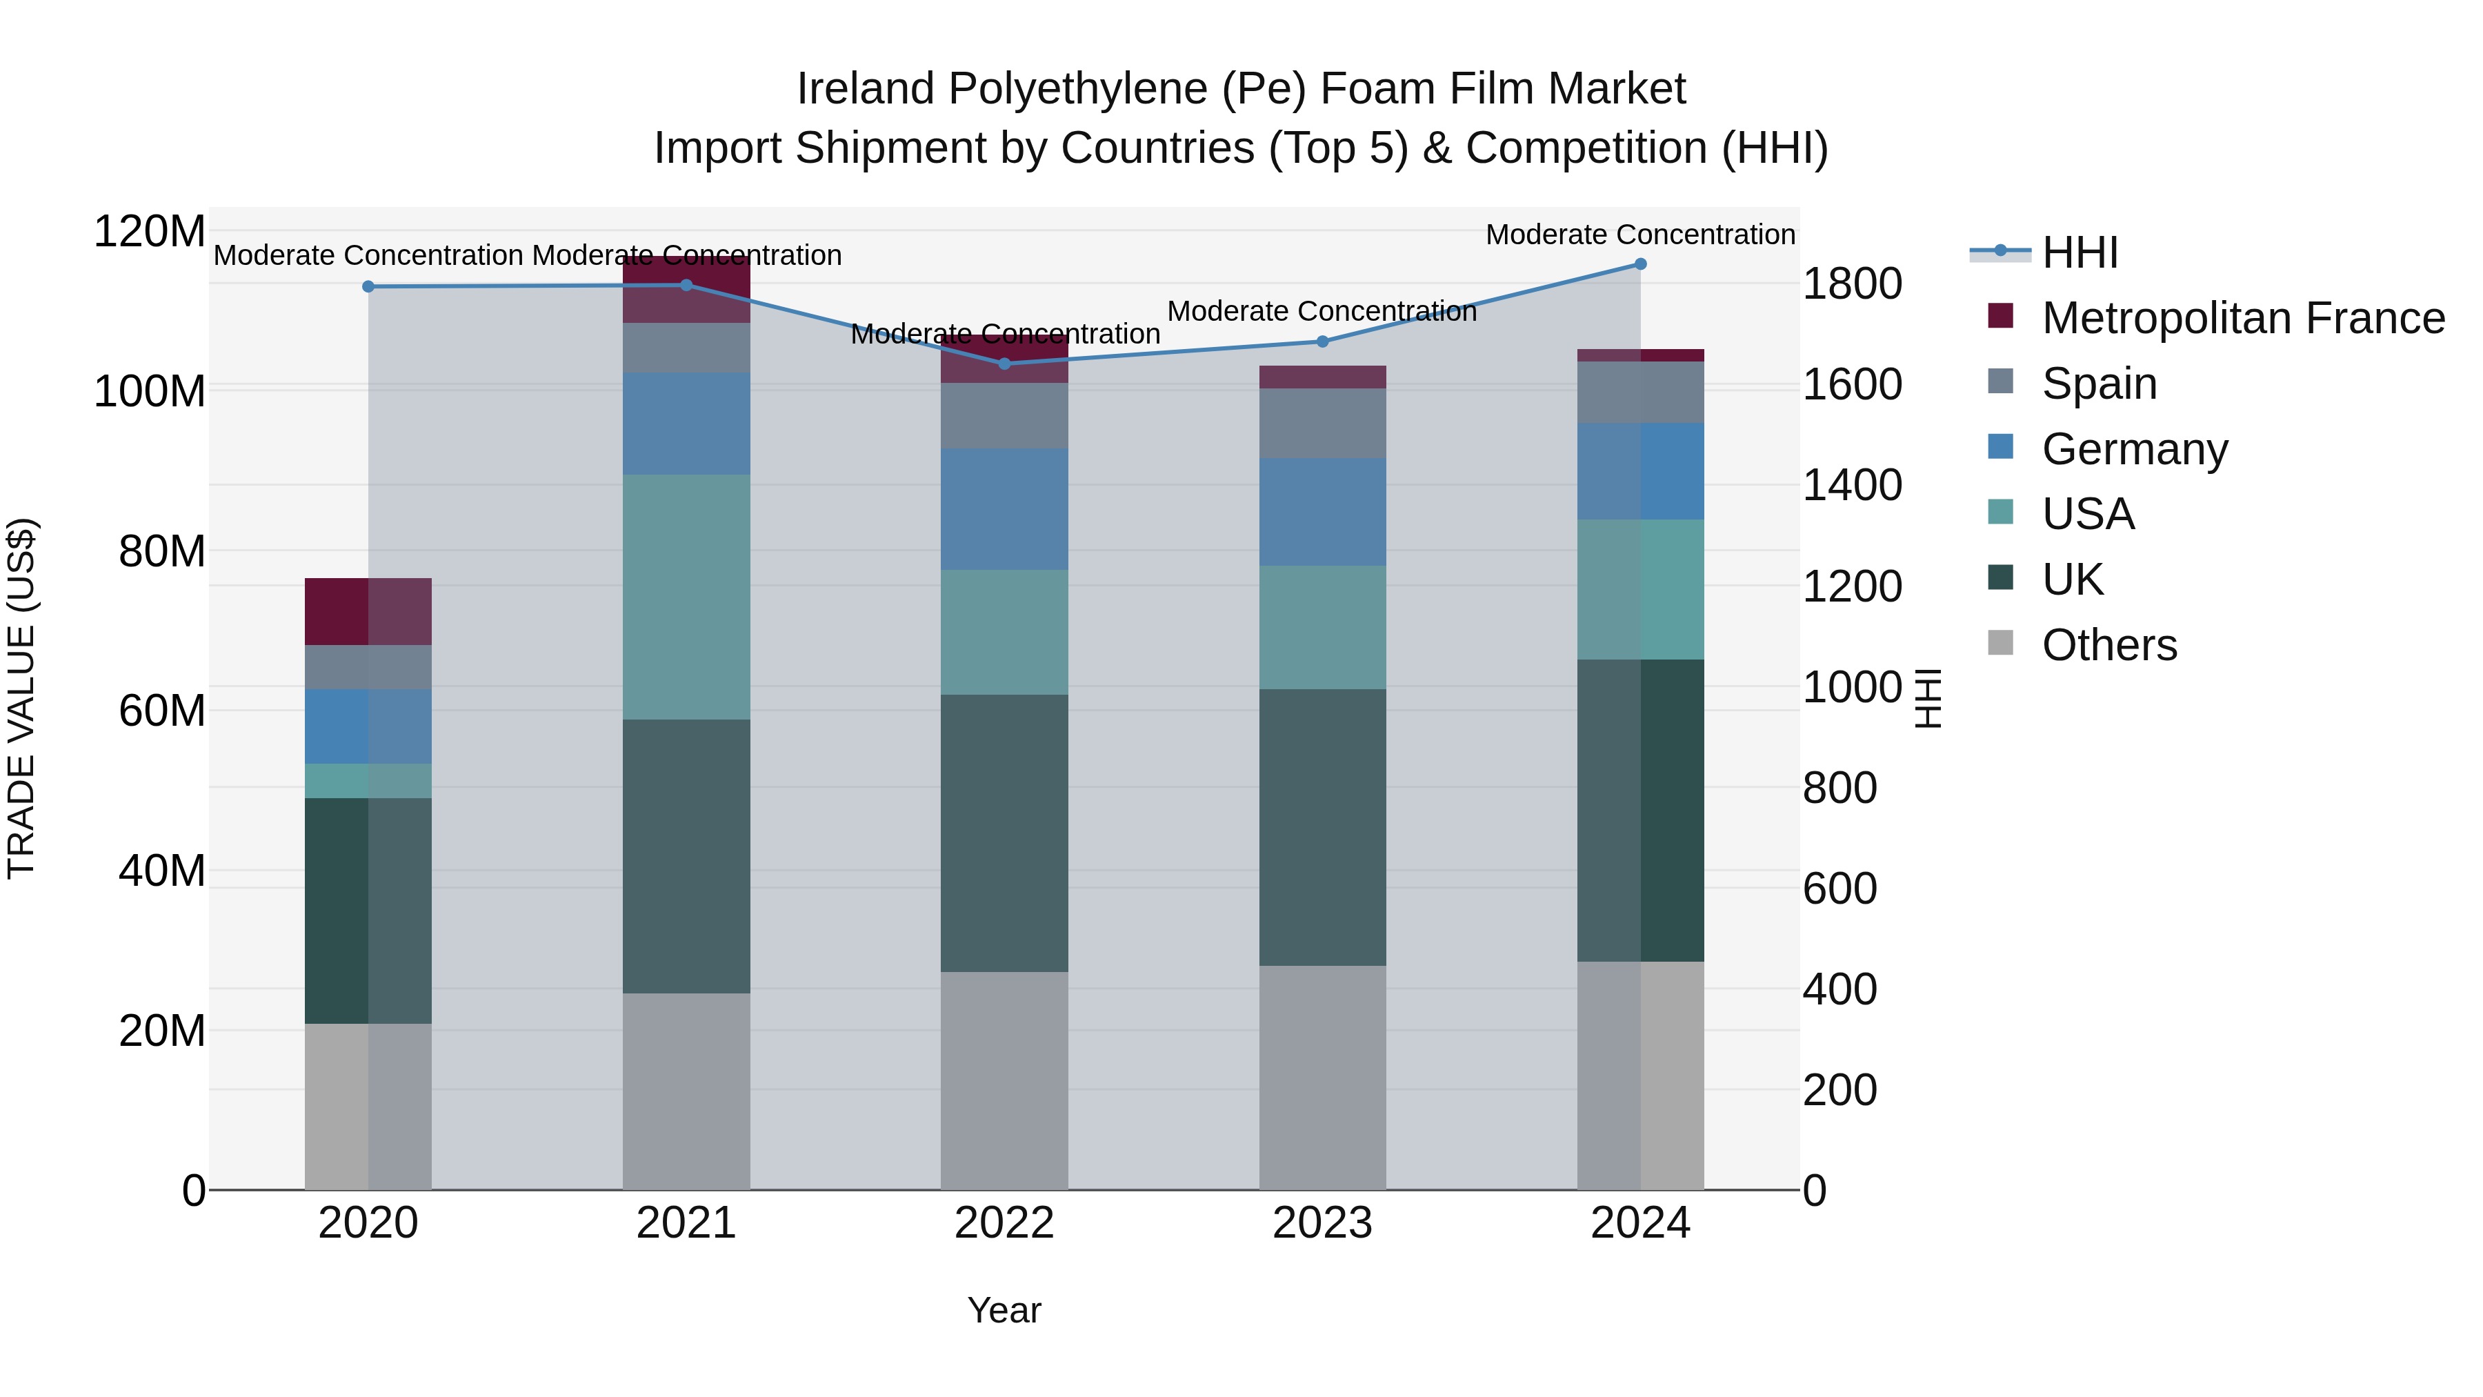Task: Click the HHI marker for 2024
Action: tap(1641, 264)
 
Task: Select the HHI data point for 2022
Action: tap(1004, 364)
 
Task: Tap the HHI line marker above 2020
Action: tap(368, 286)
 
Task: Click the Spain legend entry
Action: tap(2100, 384)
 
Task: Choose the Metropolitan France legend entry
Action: tap(2243, 318)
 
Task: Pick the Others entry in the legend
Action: tap(2109, 645)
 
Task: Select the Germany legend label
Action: tap(2135, 449)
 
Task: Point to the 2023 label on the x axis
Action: tap(1322, 1223)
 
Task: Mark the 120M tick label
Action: tap(150, 232)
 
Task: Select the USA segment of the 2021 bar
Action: tap(686, 597)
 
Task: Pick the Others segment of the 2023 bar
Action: tap(1322, 1077)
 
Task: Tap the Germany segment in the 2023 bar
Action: tap(1322, 512)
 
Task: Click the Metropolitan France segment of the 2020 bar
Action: tap(368, 611)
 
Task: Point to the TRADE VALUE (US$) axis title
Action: tap(21, 698)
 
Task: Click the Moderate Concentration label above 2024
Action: tap(1641, 235)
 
